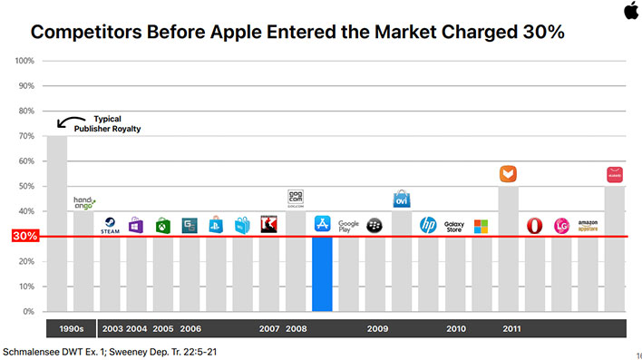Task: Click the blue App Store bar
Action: (323, 274)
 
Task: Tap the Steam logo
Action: (110, 225)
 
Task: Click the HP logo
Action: (428, 225)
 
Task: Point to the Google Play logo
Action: (349, 226)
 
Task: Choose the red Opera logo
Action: (535, 225)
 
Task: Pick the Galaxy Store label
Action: (454, 226)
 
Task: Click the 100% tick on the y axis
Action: (24, 61)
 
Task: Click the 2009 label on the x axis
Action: (377, 327)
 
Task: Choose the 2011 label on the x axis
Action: (511, 327)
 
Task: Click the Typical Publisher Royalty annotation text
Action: (116, 124)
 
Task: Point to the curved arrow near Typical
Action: (67, 122)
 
